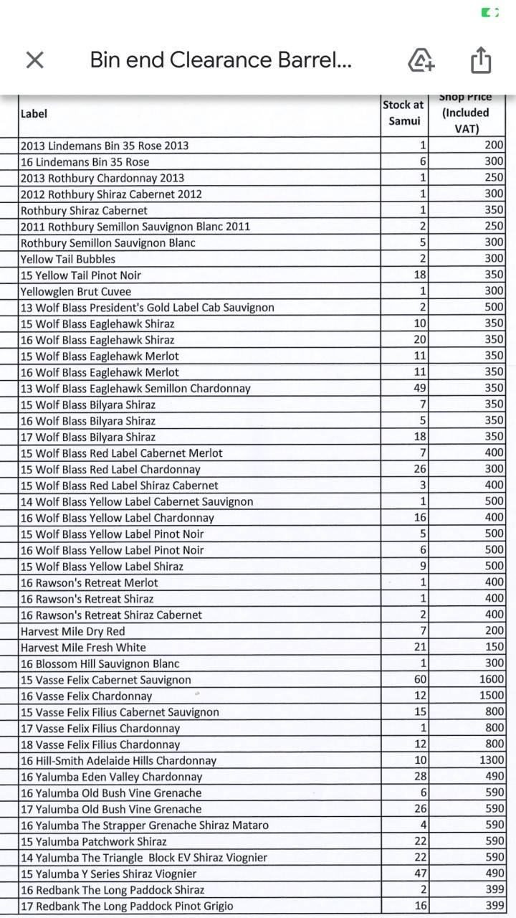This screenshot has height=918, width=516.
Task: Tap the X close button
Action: pyautogui.click(x=34, y=60)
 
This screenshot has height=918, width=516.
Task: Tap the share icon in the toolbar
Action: pyautogui.click(x=481, y=60)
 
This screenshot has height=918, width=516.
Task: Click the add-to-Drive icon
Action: pyautogui.click(x=421, y=60)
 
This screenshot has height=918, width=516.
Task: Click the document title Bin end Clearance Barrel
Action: pyautogui.click(x=221, y=60)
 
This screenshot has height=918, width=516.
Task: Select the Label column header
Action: pyautogui.click(x=34, y=113)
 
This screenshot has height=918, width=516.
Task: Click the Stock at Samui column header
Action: pyautogui.click(x=403, y=113)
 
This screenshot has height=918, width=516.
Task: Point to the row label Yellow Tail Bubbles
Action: pyautogui.click(x=68, y=259)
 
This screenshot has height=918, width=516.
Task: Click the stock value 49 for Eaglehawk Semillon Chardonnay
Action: pyautogui.click(x=420, y=388)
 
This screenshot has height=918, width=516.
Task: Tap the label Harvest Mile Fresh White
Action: pyautogui.click(x=83, y=647)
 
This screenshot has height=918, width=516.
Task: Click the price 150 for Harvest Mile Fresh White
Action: pyautogui.click(x=494, y=647)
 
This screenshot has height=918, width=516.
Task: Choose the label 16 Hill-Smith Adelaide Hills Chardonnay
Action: pyautogui.click(x=118, y=760)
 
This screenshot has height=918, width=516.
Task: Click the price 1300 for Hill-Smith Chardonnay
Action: pyautogui.click(x=491, y=760)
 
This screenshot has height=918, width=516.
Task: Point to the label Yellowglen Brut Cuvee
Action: pyautogui.click(x=76, y=291)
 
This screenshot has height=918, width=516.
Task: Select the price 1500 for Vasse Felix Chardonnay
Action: pyautogui.click(x=491, y=696)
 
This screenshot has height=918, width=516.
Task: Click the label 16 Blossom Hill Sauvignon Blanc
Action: pyautogui.click(x=100, y=663)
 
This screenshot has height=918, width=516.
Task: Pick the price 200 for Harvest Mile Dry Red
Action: pyautogui.click(x=494, y=631)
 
